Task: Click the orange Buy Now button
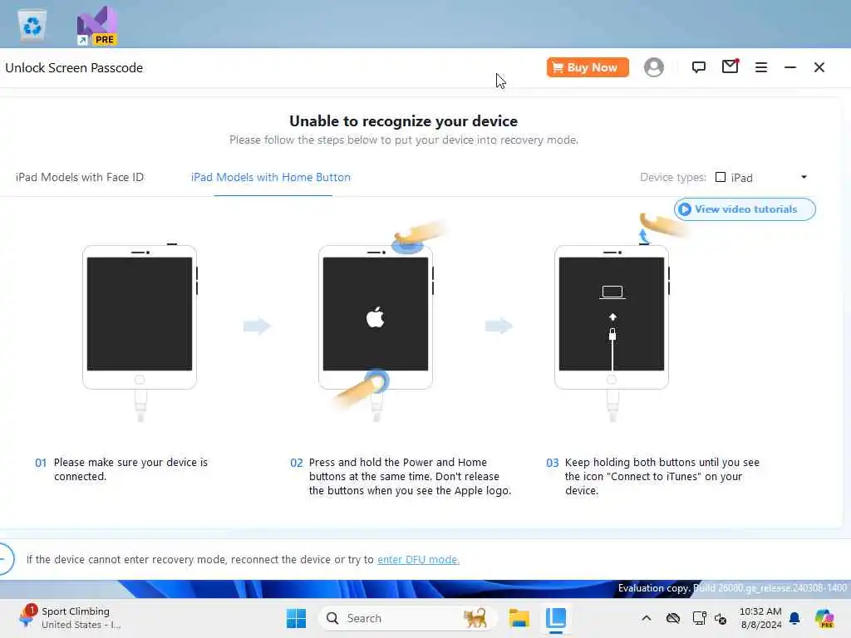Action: pyautogui.click(x=588, y=67)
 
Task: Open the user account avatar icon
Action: pyautogui.click(x=653, y=67)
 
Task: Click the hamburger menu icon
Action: pyautogui.click(x=761, y=67)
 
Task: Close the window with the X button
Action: pyautogui.click(x=819, y=67)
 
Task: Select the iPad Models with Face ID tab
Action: pyautogui.click(x=80, y=178)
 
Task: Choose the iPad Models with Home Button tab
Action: pyautogui.click(x=271, y=178)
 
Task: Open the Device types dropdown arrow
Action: pyautogui.click(x=804, y=177)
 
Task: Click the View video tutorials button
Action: pyautogui.click(x=745, y=209)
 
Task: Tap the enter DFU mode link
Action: pyautogui.click(x=419, y=559)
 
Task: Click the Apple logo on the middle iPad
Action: pyautogui.click(x=375, y=317)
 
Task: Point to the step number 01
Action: pyautogui.click(x=41, y=463)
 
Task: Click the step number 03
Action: pyautogui.click(x=552, y=463)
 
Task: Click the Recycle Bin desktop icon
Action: pyautogui.click(x=32, y=25)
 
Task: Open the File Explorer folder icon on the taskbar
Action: pyautogui.click(x=519, y=618)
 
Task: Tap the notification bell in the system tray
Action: pyautogui.click(x=794, y=618)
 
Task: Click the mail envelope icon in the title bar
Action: pyautogui.click(x=730, y=66)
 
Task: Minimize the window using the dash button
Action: pyautogui.click(x=790, y=67)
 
